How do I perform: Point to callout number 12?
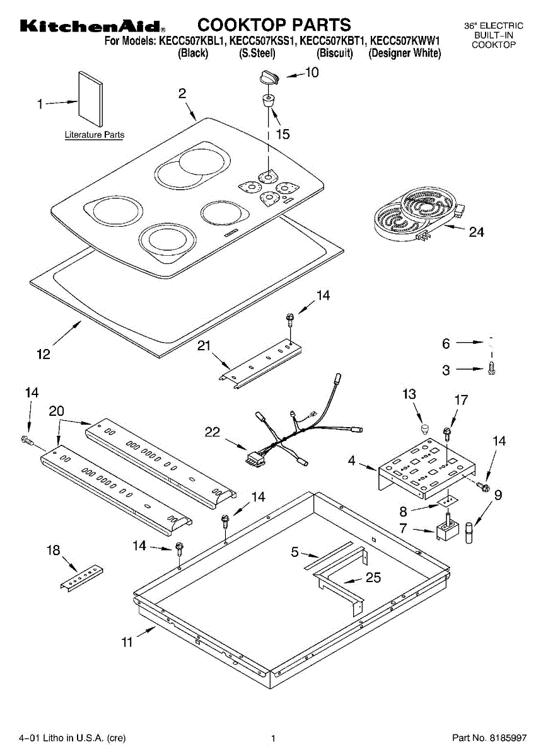pyautogui.click(x=43, y=355)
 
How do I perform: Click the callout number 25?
pyautogui.click(x=373, y=577)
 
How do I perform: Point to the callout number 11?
pyautogui.click(x=127, y=642)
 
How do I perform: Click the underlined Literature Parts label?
pyautogui.click(x=95, y=135)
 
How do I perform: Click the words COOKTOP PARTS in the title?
pyautogui.click(x=274, y=25)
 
